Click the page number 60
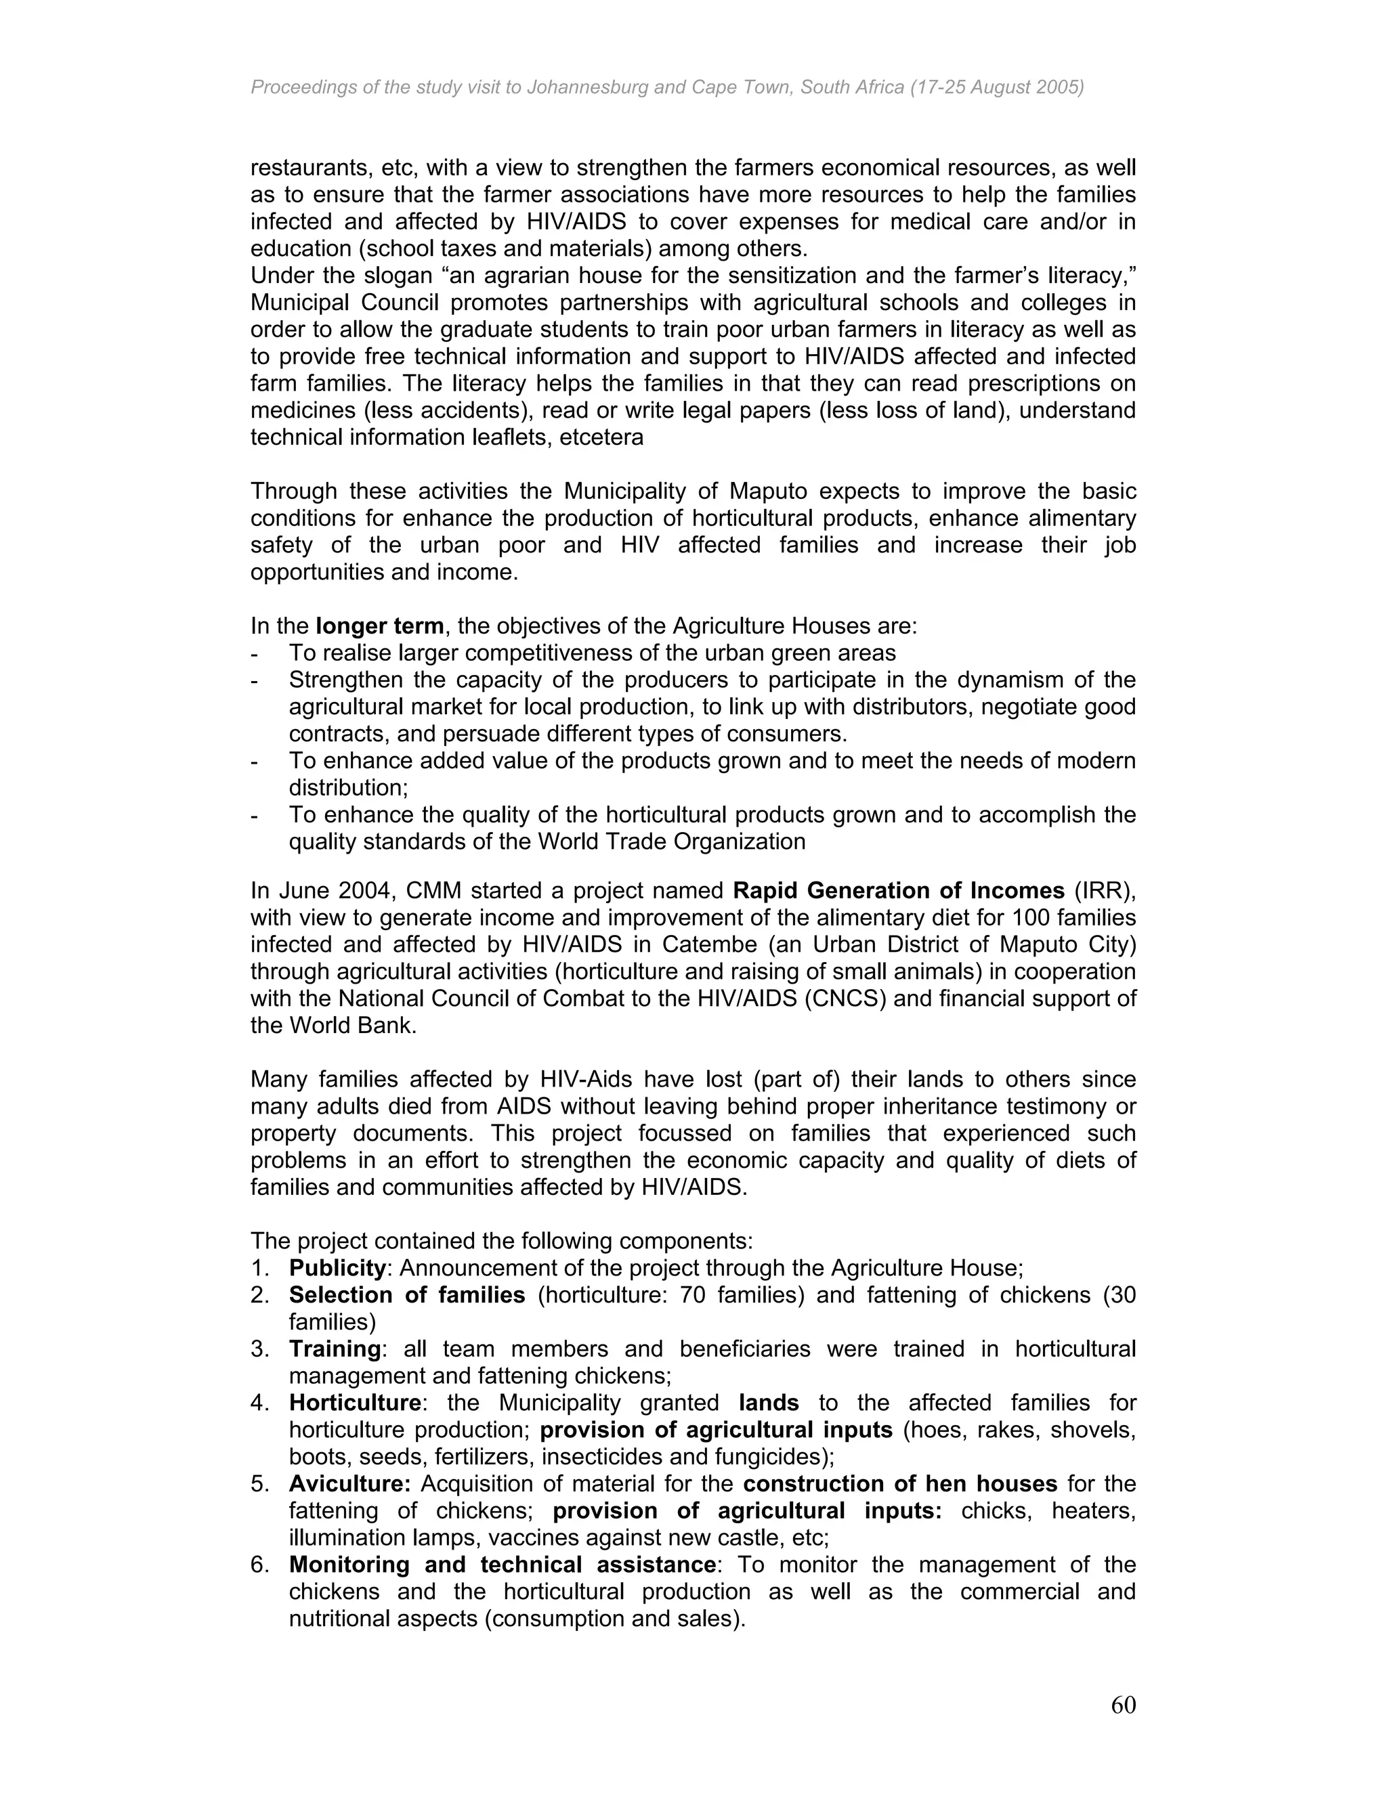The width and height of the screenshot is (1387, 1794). tap(1122, 1705)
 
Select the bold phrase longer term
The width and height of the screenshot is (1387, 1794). tap(380, 627)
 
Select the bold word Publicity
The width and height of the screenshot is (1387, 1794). tap(337, 1268)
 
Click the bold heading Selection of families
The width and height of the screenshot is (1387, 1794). tap(407, 1295)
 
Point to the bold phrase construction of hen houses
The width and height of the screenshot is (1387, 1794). tap(900, 1485)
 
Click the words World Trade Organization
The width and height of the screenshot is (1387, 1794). tap(671, 842)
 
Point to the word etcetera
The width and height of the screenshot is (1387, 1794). tap(601, 438)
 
